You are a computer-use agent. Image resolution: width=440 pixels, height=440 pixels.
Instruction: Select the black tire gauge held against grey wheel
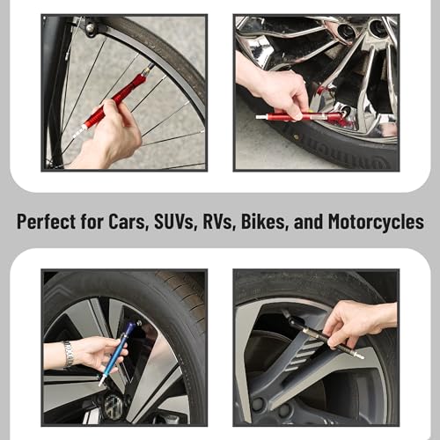point(317,332)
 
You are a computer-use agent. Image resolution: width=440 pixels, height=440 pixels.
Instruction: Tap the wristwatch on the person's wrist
point(69,354)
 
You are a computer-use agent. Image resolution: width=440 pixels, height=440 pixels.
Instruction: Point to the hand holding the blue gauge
point(97,352)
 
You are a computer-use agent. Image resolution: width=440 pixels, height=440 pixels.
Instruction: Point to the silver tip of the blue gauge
point(104,382)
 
